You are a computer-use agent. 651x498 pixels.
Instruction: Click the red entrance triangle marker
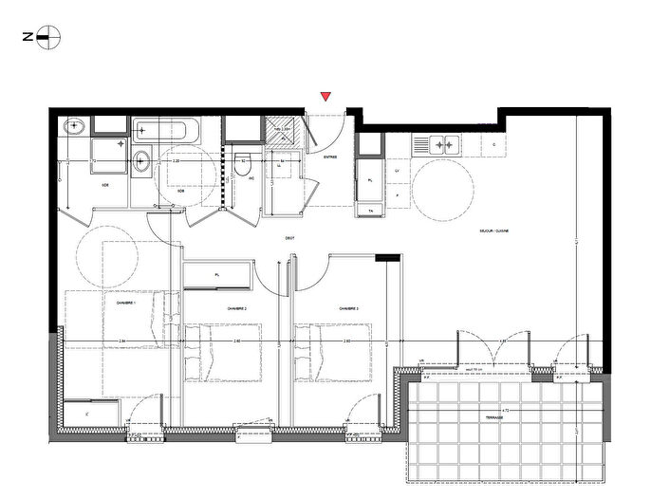click(326, 96)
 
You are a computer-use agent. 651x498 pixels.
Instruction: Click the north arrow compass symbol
click(49, 37)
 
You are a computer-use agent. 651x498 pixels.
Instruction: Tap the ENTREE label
click(331, 157)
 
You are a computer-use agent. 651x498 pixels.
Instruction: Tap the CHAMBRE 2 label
click(236, 308)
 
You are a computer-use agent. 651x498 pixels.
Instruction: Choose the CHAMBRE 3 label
click(348, 308)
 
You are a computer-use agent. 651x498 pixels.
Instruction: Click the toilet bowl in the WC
click(243, 161)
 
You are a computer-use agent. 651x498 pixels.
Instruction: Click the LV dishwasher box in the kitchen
click(397, 171)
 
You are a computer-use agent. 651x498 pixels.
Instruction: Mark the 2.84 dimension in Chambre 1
click(124, 341)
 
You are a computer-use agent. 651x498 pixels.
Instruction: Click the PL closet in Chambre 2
click(217, 275)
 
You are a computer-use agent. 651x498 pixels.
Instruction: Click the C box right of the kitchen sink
click(493, 145)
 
